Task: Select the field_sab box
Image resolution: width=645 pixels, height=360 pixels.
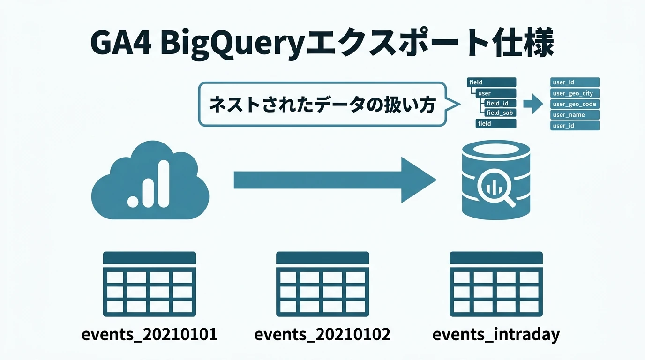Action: coord(500,113)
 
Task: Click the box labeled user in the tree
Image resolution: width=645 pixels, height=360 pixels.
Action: coord(495,93)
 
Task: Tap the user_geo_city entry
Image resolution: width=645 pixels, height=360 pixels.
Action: coord(575,93)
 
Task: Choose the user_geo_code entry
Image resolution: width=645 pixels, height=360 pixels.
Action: coord(575,104)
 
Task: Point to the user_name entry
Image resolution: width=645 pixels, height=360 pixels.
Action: coord(575,115)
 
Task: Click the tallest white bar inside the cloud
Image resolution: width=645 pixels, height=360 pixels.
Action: coord(163,183)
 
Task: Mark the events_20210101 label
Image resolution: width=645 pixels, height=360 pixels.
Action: coord(149,335)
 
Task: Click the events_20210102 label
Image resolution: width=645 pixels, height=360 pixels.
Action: coord(322,335)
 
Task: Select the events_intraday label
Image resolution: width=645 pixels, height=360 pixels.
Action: coord(496,335)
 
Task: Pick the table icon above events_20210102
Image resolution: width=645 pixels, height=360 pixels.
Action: coord(322,284)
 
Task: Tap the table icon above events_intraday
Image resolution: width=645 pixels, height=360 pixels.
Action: coord(496,284)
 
